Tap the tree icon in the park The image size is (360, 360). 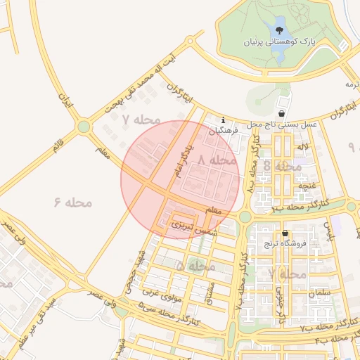(281, 30)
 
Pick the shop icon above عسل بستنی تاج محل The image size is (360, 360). (282, 112)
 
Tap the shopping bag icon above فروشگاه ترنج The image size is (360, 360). (284, 233)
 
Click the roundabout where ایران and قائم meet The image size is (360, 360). (84, 127)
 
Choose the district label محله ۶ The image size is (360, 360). (73, 202)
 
